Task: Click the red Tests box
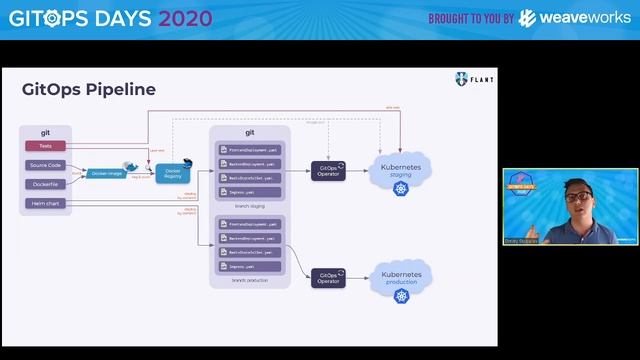pos(46,146)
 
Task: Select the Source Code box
pos(46,165)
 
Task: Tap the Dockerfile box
pos(46,184)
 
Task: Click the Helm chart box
pos(46,204)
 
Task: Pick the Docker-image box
pos(107,173)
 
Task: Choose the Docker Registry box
pos(173,173)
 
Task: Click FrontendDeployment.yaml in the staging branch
pos(250,149)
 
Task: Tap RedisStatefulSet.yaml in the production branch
pos(250,253)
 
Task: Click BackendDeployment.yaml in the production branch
pos(250,239)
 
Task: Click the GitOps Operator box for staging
pos(328,171)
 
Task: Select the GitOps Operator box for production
pos(328,277)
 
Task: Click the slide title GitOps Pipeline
pos(89,89)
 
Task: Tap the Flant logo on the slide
pos(473,79)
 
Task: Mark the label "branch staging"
pos(250,205)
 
